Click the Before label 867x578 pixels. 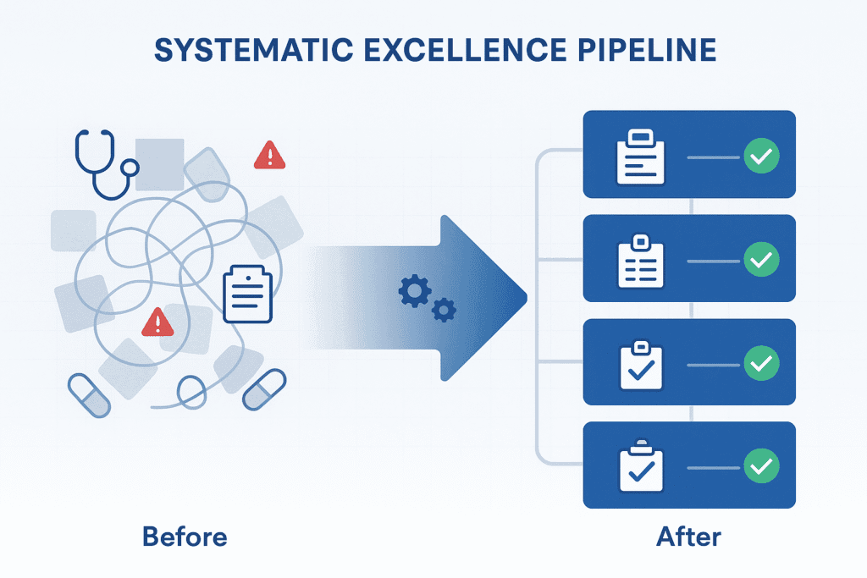pos(185,537)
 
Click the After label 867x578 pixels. pos(688,537)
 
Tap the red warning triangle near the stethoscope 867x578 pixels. pos(269,155)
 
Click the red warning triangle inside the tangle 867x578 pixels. pos(157,322)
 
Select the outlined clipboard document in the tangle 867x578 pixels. pos(247,295)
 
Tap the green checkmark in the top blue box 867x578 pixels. pos(760,157)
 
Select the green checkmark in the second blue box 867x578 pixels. pos(760,260)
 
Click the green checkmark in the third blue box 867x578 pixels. pos(760,363)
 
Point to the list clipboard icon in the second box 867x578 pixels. pos(641,261)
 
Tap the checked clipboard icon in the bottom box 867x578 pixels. pos(641,465)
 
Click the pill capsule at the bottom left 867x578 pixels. pos(89,395)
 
